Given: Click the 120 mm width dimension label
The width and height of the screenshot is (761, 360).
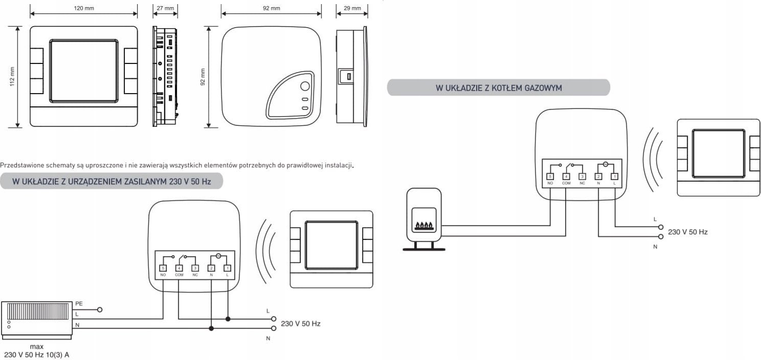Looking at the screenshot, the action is (x=84, y=8).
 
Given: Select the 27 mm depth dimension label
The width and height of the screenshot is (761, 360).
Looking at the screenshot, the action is (x=166, y=8).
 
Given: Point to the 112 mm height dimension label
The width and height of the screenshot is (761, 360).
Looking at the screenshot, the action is (x=12, y=76).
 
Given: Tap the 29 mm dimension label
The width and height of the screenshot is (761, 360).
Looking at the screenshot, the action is (x=352, y=8).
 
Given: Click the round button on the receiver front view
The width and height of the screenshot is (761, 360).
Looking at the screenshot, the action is (x=305, y=86).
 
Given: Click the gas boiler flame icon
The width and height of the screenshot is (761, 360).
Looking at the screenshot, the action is (x=424, y=225).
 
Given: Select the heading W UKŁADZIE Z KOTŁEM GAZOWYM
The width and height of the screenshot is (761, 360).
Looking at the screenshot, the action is (x=499, y=88).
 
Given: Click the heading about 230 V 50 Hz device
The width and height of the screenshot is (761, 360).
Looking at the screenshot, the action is (x=111, y=182).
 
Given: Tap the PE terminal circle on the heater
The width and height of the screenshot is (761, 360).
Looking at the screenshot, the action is (x=100, y=310).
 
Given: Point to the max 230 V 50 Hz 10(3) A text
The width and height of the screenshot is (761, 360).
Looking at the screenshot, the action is (x=36, y=351).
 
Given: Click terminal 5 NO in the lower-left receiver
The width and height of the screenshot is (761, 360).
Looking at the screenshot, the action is (x=163, y=268).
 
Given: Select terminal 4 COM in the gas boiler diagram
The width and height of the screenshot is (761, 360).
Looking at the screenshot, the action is (x=566, y=176).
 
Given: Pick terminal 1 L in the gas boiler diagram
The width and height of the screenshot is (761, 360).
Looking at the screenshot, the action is (x=614, y=176).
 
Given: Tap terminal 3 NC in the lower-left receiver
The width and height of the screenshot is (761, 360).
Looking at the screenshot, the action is (x=195, y=268).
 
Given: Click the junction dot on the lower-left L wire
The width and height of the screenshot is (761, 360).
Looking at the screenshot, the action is (x=228, y=319).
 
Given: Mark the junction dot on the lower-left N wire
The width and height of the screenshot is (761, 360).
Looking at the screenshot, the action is (x=211, y=328).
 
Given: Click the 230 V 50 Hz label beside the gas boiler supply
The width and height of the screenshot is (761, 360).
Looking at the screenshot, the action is (x=688, y=232).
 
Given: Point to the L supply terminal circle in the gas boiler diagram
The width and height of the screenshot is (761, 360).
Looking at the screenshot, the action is (x=661, y=227).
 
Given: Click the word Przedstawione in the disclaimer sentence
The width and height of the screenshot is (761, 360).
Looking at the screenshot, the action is (x=22, y=165).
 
